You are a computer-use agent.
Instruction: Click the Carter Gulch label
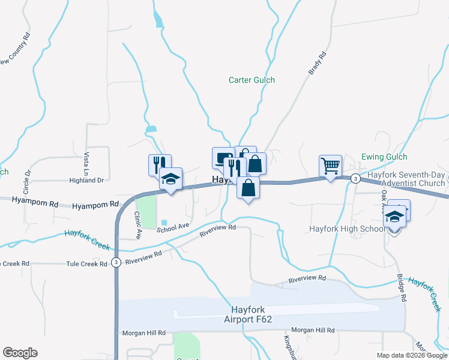252,80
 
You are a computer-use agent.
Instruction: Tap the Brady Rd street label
318,64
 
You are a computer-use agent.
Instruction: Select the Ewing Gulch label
384,157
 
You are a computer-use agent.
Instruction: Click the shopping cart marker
330,165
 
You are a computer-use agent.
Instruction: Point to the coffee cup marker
223,158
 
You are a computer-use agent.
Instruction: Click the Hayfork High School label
347,229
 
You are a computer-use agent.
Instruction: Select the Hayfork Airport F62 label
252,314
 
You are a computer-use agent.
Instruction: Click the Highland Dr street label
86,180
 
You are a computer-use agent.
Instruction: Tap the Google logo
20,353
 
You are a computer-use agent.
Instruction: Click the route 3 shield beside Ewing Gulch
355,178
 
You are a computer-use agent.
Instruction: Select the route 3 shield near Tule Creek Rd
116,263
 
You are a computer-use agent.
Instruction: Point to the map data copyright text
412,355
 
